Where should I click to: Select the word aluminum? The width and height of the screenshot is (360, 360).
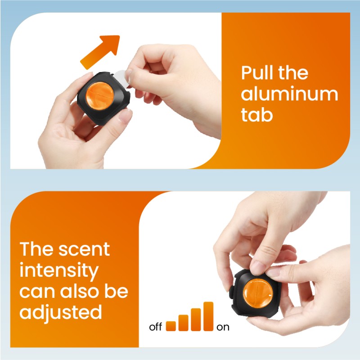289,94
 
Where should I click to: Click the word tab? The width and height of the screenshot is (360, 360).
257,115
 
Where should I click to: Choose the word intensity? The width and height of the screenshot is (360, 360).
59,270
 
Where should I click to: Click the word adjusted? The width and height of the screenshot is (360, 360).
61,312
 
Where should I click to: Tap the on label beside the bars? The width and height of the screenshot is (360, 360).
223,327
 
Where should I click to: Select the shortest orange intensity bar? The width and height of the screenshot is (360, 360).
171,326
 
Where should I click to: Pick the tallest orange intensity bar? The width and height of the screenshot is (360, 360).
208,316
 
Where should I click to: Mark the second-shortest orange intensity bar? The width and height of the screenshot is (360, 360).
183,323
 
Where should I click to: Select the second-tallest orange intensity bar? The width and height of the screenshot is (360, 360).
196,319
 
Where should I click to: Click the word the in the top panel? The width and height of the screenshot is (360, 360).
293,73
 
